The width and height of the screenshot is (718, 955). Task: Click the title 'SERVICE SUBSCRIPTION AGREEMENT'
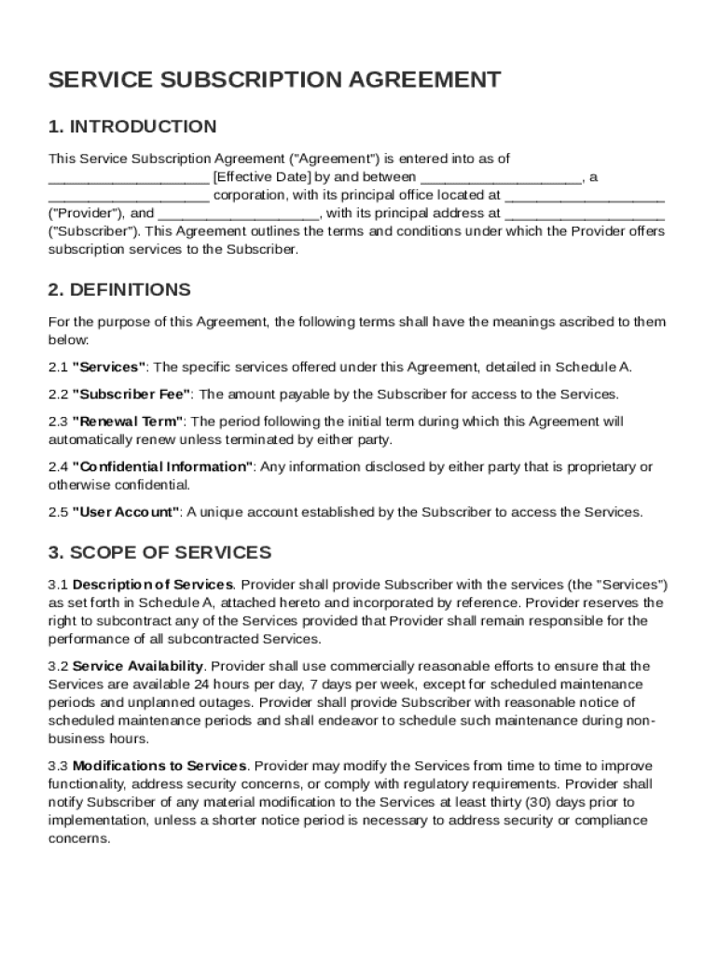pos(274,80)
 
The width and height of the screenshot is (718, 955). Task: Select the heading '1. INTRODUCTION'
pos(132,127)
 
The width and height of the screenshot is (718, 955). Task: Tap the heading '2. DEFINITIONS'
pos(119,290)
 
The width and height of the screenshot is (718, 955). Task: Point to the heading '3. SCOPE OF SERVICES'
pos(159,552)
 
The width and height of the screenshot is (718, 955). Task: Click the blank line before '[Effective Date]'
pos(129,177)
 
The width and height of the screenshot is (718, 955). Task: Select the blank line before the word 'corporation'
pos(129,196)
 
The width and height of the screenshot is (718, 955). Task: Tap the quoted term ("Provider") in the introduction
pos(80,214)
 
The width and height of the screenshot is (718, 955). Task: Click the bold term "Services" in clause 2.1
pos(109,367)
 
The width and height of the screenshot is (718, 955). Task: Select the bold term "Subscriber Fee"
pos(131,394)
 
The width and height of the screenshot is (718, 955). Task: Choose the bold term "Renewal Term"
pos(129,422)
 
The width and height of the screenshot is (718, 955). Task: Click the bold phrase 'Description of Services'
pos(153,585)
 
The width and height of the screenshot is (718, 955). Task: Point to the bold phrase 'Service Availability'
pos(138,666)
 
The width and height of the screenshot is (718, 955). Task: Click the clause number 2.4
pos(58,466)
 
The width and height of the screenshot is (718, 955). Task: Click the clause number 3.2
pos(58,666)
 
